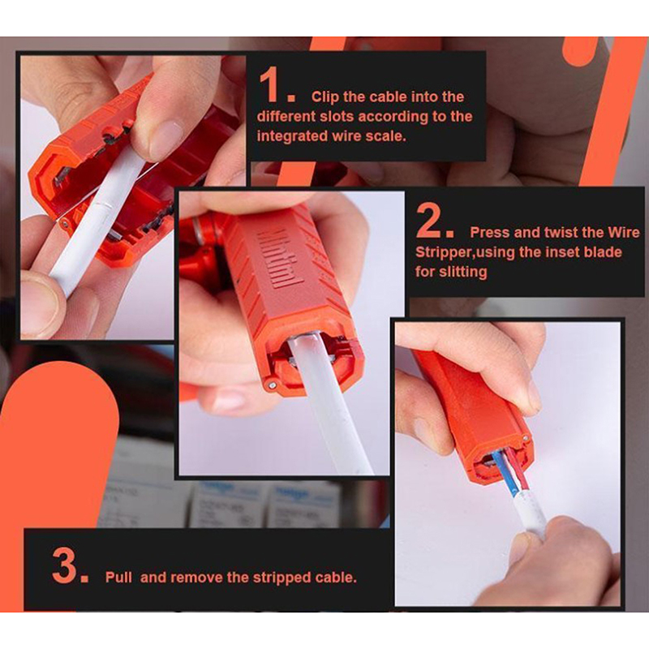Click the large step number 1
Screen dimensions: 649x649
point(271,86)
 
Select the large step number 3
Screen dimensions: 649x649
point(66,565)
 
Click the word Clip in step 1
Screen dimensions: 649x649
point(325,97)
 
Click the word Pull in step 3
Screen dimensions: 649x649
point(118,577)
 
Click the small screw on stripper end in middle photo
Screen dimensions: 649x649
point(272,385)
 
